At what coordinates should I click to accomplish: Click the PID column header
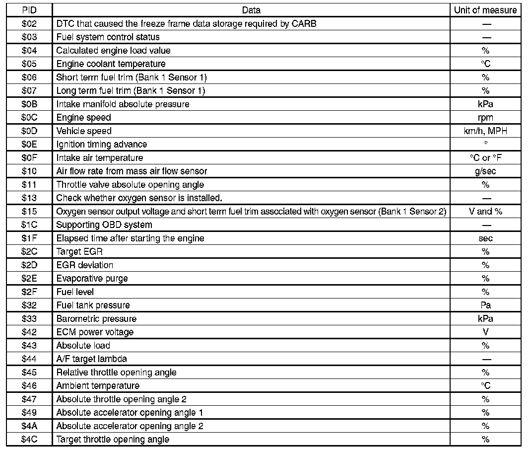click(x=29, y=10)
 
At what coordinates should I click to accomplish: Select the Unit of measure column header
click(x=485, y=10)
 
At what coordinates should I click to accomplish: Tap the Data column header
click(x=251, y=10)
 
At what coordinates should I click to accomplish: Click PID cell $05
click(x=29, y=64)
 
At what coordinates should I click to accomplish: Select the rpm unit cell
click(x=485, y=117)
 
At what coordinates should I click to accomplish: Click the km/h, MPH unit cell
click(x=485, y=131)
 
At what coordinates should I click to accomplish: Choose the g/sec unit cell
click(x=485, y=171)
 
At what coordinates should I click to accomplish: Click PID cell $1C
click(x=29, y=225)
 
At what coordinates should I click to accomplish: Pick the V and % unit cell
click(x=485, y=211)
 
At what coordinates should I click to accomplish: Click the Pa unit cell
click(x=485, y=305)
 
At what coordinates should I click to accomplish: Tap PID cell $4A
click(x=29, y=426)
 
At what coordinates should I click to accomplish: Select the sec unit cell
click(x=485, y=238)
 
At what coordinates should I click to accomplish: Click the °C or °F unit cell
click(x=485, y=157)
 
